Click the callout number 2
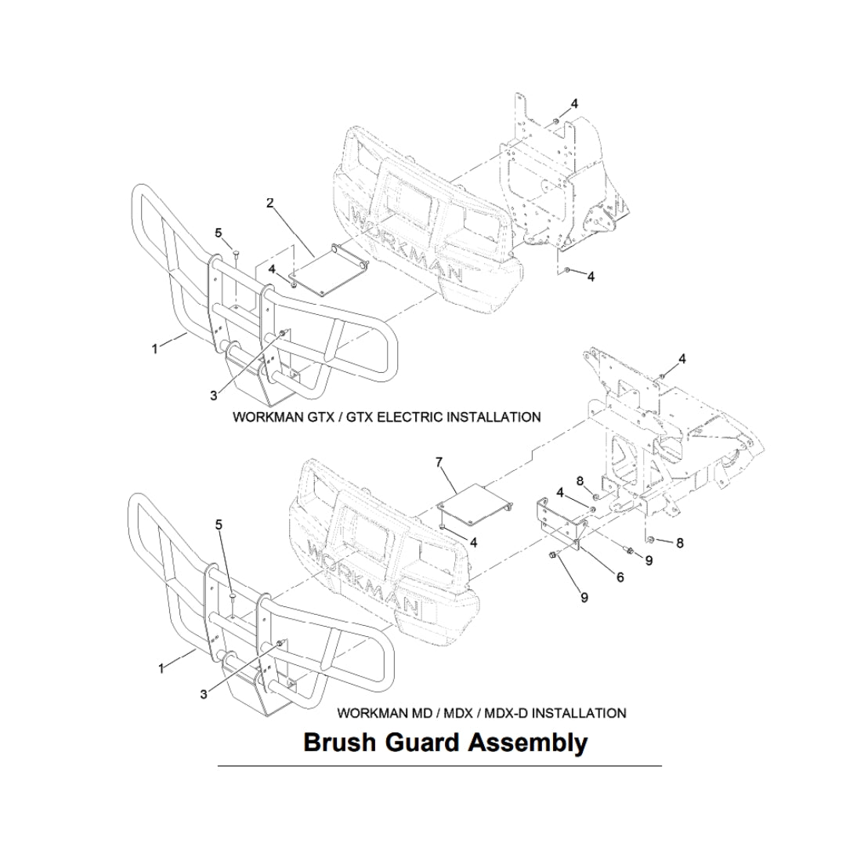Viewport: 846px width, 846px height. coord(270,203)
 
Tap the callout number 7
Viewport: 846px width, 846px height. coord(439,462)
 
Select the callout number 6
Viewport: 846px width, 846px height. coord(620,578)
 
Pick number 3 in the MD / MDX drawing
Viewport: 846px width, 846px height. coord(204,694)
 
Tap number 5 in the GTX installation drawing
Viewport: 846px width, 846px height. coord(219,233)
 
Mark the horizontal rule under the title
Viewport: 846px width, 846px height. coord(439,765)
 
